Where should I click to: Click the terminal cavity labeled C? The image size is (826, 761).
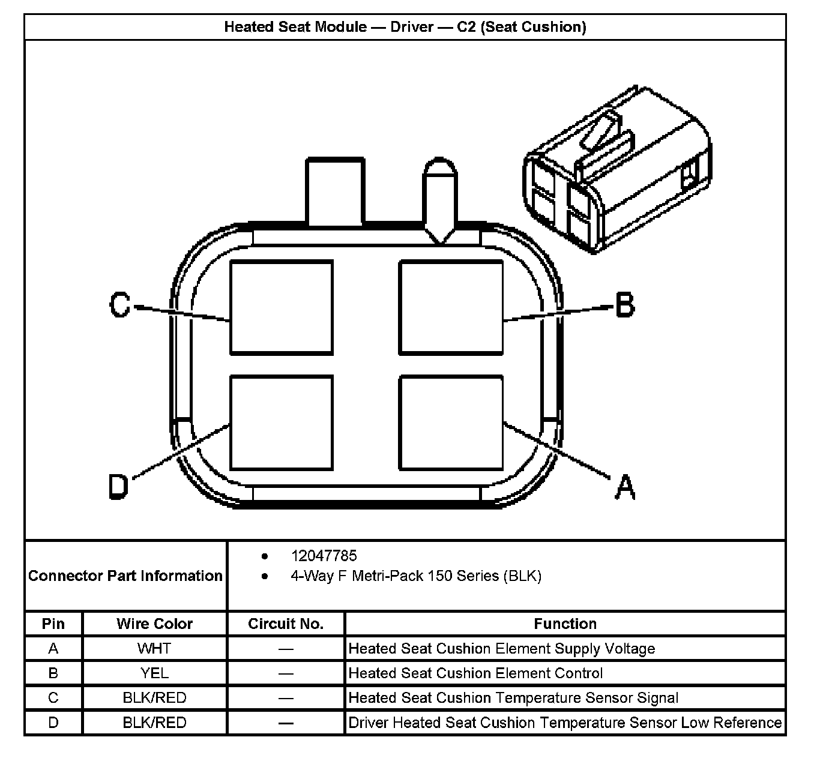tap(282, 307)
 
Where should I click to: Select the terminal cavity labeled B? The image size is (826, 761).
tap(451, 307)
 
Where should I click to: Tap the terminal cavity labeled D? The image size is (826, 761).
tap(282, 423)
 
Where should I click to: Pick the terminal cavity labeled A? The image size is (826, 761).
tap(451, 423)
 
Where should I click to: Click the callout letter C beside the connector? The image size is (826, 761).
tap(120, 305)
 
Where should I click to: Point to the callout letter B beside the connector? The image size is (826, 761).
tap(625, 304)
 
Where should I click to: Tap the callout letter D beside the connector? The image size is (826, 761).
tap(119, 486)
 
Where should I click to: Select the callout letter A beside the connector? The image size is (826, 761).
tap(625, 487)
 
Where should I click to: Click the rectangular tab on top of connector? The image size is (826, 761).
tap(335, 191)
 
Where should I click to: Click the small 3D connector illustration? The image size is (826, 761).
tap(616, 170)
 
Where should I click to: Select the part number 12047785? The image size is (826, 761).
tap(324, 556)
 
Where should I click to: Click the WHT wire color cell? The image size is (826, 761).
tap(154, 649)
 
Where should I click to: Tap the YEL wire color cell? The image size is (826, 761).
tap(154, 673)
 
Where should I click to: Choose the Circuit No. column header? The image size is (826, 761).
tap(286, 624)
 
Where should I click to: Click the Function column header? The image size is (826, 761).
tap(565, 624)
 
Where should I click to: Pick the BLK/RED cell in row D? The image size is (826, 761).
tap(154, 723)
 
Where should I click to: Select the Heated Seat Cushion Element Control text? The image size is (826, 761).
tap(475, 673)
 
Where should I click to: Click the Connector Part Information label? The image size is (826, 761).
tap(125, 576)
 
